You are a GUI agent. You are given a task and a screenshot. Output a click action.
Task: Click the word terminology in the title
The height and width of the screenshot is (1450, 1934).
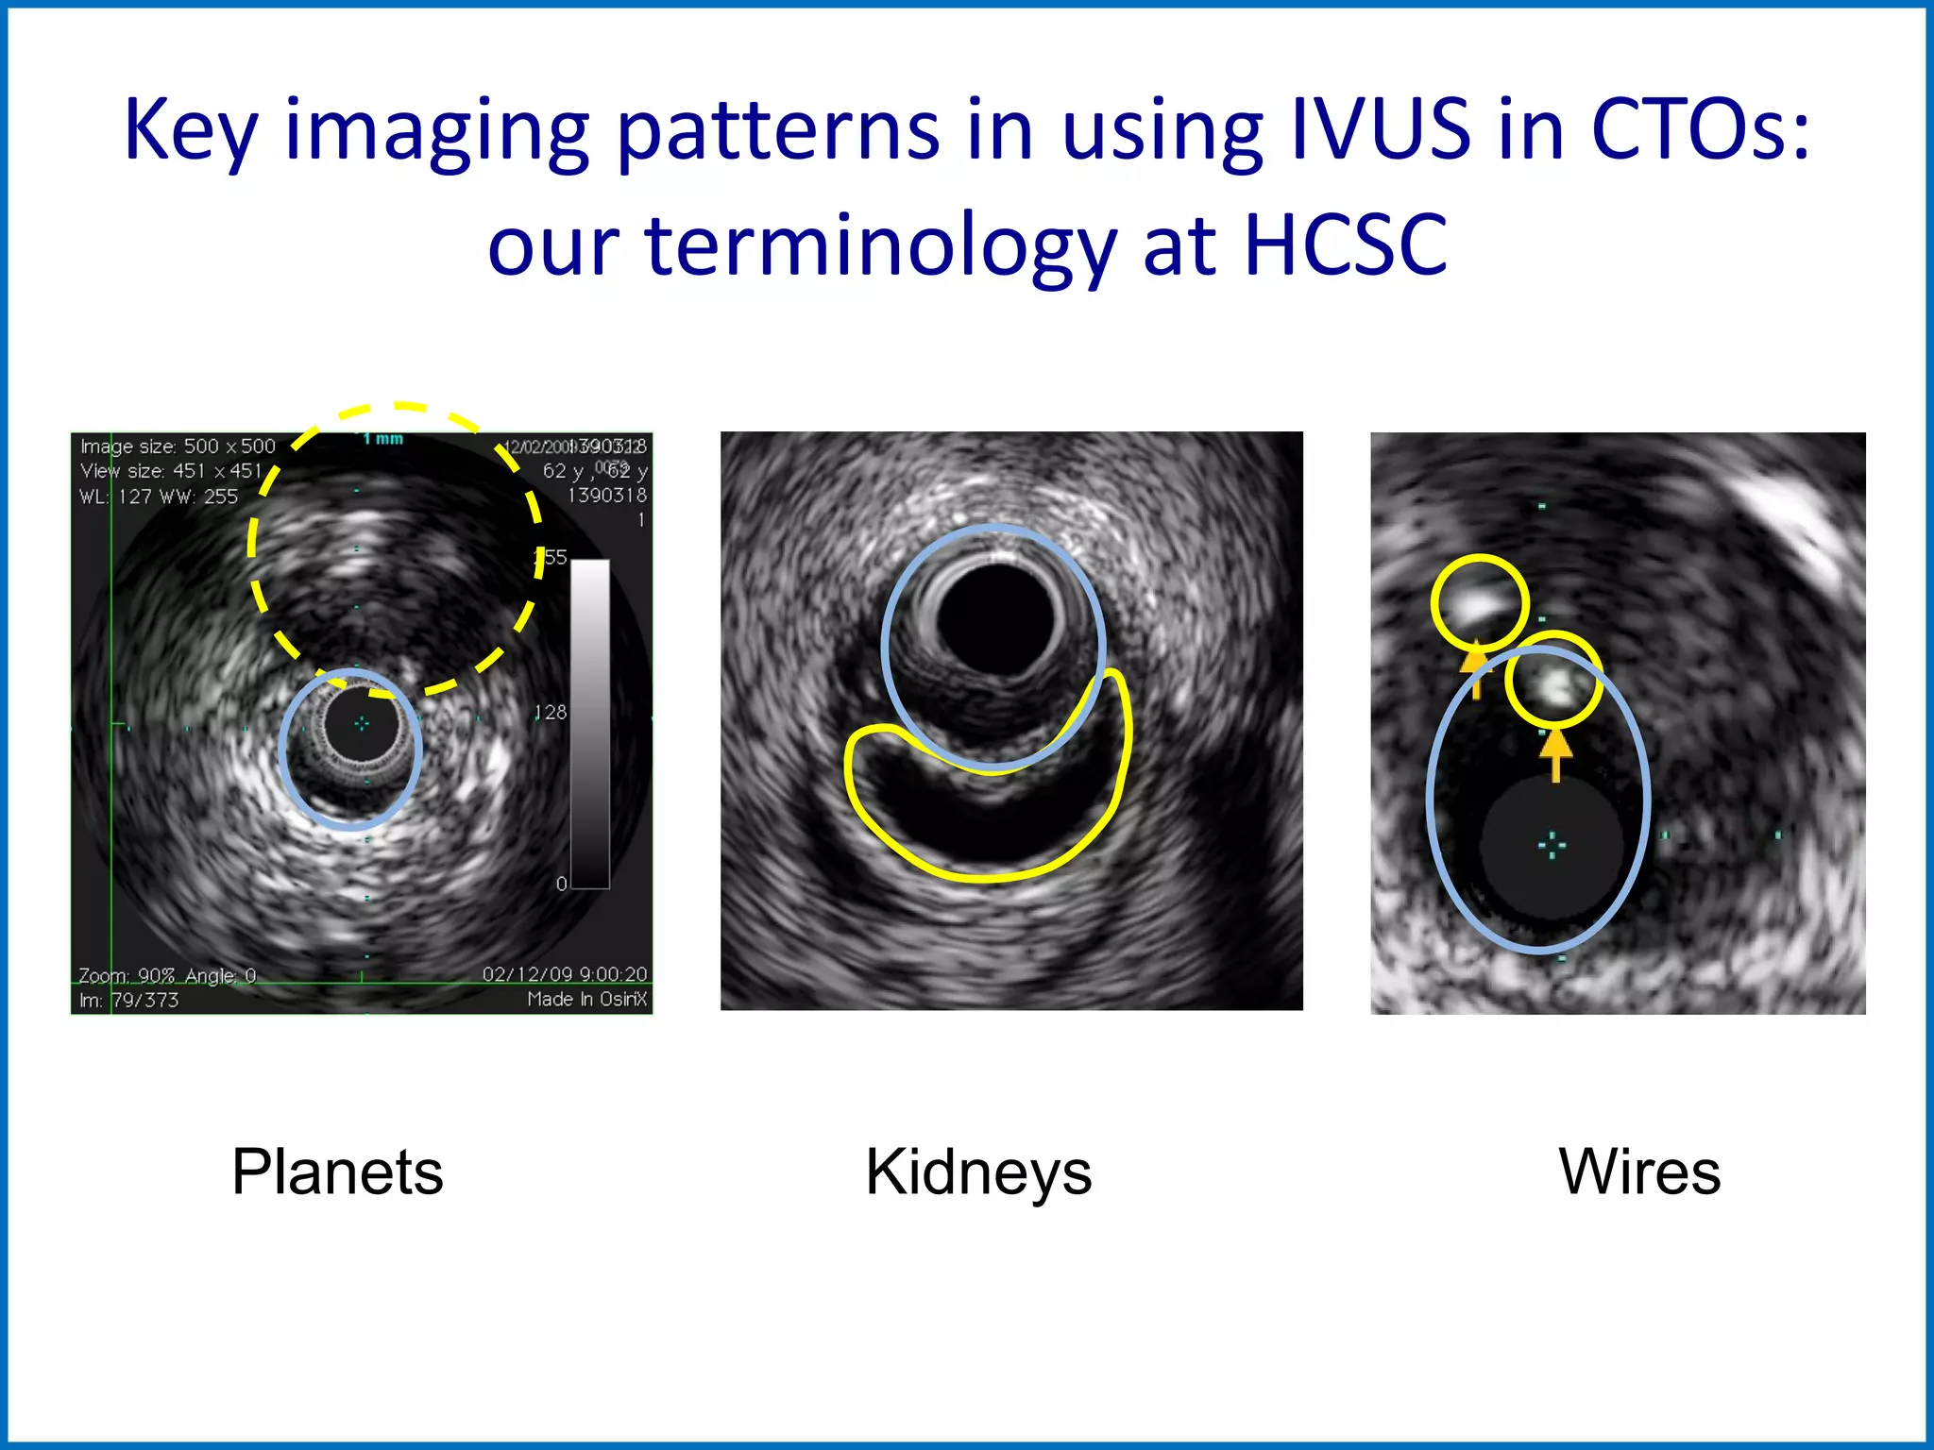(x=880, y=246)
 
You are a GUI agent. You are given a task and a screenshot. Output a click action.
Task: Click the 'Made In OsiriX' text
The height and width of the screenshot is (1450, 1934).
(x=586, y=999)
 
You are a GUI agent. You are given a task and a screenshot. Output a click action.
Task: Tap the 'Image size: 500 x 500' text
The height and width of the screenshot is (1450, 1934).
(x=178, y=446)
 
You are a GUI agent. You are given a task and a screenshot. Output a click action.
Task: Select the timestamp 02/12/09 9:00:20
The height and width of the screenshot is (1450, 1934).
(x=565, y=973)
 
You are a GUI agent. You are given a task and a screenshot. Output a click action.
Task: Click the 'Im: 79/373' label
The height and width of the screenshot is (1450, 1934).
(x=128, y=1000)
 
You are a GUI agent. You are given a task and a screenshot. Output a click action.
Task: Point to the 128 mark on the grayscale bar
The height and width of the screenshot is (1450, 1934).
(x=551, y=712)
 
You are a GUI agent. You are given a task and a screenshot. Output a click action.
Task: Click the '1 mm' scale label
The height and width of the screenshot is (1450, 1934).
(x=382, y=439)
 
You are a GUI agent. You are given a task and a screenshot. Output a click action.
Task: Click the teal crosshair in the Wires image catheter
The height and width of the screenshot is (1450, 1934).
(x=1552, y=845)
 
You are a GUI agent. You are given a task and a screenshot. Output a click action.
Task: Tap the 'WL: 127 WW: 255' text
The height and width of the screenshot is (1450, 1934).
(x=159, y=497)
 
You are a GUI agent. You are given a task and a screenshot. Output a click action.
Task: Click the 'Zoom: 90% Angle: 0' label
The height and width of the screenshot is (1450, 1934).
(x=166, y=975)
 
